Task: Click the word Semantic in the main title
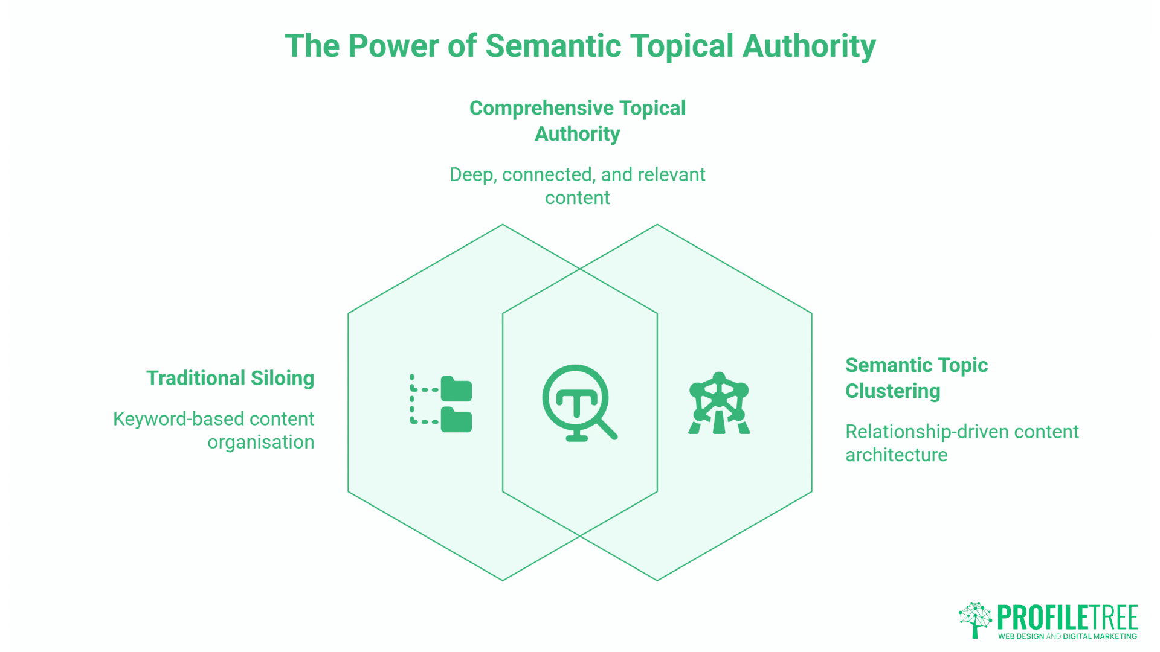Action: (x=553, y=46)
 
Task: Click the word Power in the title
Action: (x=394, y=46)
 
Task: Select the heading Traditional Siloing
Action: (x=230, y=379)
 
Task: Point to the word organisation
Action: (x=260, y=443)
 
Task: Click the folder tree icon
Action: (x=441, y=403)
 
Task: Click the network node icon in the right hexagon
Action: (x=719, y=403)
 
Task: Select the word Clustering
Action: (x=892, y=391)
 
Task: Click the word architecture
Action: (x=896, y=455)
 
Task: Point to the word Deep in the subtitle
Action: (x=473, y=175)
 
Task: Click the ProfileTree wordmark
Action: (x=1067, y=618)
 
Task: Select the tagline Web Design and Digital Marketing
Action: (x=1067, y=636)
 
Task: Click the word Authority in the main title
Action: (x=809, y=46)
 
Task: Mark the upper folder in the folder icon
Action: (x=456, y=389)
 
